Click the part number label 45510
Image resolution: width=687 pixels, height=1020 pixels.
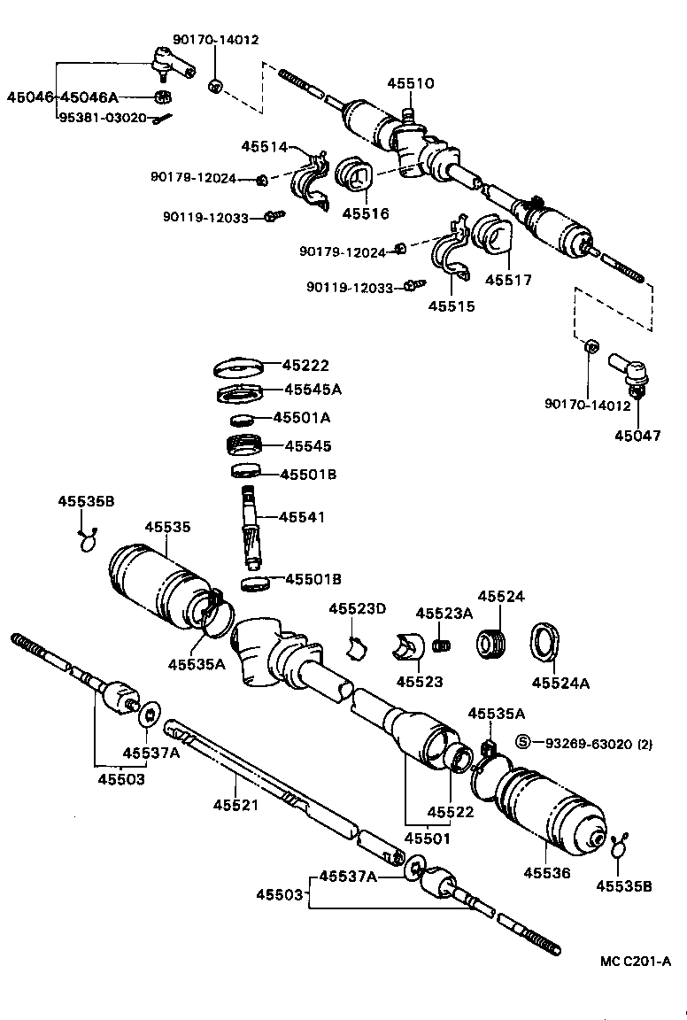pos(410,84)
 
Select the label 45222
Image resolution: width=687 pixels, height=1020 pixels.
pos(305,365)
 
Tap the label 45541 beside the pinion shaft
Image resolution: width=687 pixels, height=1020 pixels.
pos(302,516)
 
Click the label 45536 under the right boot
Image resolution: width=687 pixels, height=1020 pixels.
pos(545,872)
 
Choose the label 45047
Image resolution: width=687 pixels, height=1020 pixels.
pos(638,436)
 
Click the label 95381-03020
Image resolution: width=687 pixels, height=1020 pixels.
pos(102,117)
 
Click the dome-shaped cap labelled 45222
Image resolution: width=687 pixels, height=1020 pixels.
pos(240,365)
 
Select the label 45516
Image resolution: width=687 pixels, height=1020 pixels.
pos(366,212)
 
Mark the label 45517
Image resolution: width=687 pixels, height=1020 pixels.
pos(508,280)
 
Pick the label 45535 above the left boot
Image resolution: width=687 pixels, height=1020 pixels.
pos(168,527)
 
